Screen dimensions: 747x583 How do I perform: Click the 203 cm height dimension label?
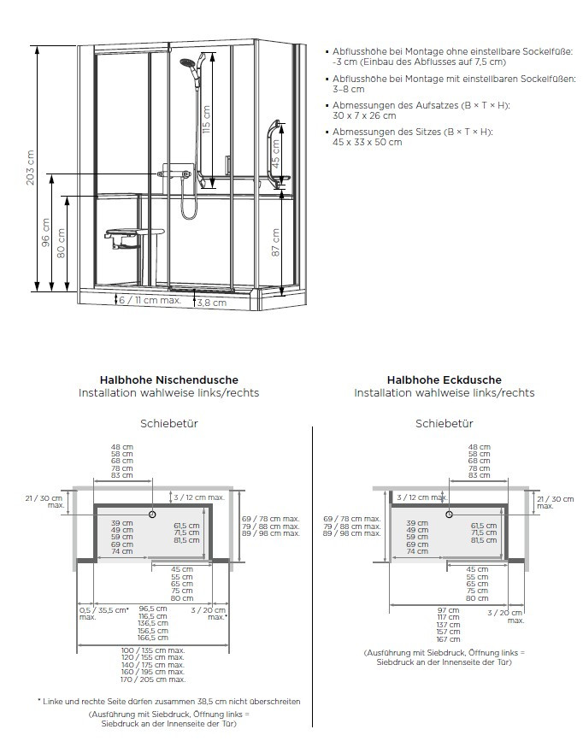point(31,168)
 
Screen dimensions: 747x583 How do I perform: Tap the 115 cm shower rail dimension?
point(206,120)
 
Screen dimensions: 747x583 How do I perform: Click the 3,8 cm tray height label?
point(212,303)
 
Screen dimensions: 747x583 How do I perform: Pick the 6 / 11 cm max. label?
point(150,300)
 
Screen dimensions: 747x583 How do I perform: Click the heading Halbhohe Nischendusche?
point(169,379)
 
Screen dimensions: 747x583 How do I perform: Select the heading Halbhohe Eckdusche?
point(444,379)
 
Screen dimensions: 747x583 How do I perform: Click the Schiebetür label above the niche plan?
point(168,423)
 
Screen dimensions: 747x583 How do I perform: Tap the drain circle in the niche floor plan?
point(151,515)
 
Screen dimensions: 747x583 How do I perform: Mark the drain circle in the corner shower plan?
point(447,515)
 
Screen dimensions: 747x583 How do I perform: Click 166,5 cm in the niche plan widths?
point(154,637)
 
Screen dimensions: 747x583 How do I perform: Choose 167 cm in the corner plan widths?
point(449,639)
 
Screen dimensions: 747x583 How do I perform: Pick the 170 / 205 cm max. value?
point(154,679)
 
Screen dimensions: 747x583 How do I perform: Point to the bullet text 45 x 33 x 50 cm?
point(367,142)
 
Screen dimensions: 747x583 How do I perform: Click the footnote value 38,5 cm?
point(226,701)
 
